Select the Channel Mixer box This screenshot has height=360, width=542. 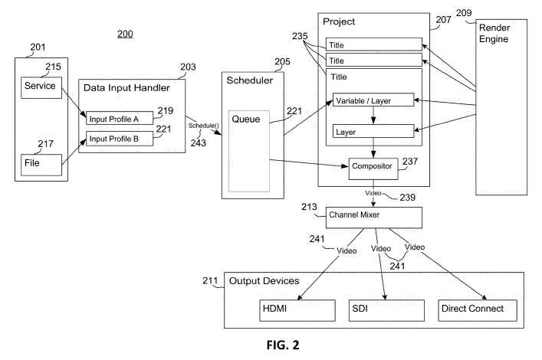coord(374,217)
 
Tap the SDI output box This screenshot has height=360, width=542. coord(382,309)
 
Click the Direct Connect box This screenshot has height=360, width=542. coord(473,309)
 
